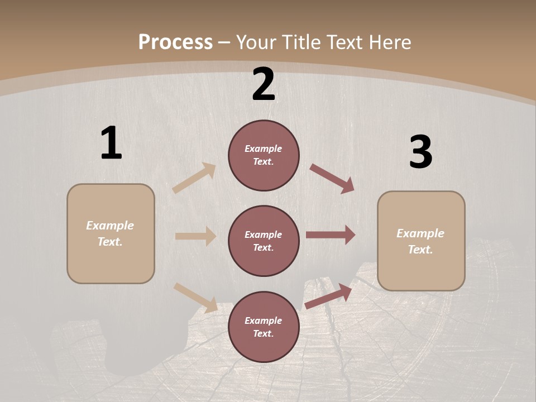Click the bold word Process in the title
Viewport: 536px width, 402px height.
click(175, 42)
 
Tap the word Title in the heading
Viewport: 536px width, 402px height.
click(304, 42)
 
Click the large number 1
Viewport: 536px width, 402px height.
click(111, 143)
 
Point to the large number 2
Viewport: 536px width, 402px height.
click(264, 84)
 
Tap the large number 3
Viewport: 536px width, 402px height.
click(420, 152)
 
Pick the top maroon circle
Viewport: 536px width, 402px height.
click(264, 155)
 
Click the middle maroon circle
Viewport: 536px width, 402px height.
click(264, 241)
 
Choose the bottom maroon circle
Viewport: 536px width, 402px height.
click(264, 327)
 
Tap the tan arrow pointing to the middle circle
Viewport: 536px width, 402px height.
click(196, 236)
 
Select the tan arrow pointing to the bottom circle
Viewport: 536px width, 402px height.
click(196, 297)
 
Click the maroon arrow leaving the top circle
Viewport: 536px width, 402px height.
click(332, 178)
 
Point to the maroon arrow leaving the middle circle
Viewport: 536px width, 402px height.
click(331, 235)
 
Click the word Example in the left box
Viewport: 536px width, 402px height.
click(110, 226)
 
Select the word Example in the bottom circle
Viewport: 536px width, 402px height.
click(263, 320)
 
